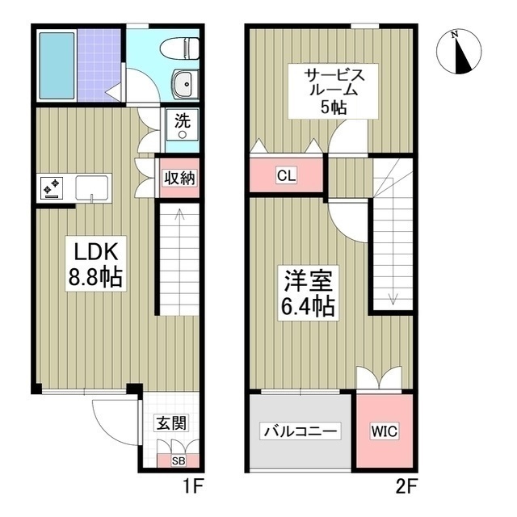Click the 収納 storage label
click(179, 179)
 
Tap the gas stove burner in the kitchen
click(51, 188)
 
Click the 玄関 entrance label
click(170, 422)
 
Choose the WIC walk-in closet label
click(385, 431)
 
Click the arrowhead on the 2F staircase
click(392, 300)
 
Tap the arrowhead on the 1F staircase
click(178, 214)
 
